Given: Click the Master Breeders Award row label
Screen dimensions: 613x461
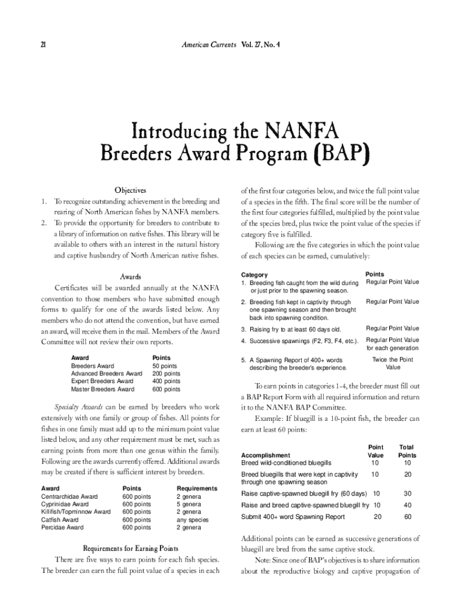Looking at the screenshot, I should (x=102, y=389).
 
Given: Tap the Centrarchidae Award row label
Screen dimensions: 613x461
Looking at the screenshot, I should (x=69, y=496).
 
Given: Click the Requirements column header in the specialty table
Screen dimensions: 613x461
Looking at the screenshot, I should (x=196, y=488).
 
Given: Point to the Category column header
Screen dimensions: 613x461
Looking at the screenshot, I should (x=254, y=274).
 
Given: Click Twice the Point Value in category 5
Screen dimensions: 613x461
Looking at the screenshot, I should (x=392, y=363).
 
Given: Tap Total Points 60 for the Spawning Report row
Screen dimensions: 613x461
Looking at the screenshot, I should (x=408, y=517).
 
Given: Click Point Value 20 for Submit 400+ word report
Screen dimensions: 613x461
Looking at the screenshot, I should (x=377, y=517).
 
